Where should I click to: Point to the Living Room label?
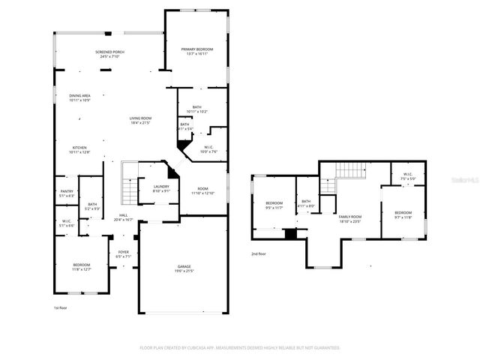pyautogui.click(x=140, y=120)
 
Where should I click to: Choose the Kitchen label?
pyautogui.click(x=79, y=149)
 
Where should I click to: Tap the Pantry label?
pyautogui.click(x=67, y=193)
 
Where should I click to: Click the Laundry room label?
pyautogui.click(x=161, y=188)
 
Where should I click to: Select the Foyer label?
pyautogui.click(x=123, y=253)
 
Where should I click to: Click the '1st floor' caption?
pyautogui.click(x=61, y=308)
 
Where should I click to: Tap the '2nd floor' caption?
pyautogui.click(x=259, y=253)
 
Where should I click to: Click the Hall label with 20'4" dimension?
pyautogui.click(x=122, y=217)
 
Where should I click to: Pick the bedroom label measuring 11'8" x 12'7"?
pyautogui.click(x=81, y=266)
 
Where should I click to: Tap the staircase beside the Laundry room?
pyautogui.click(x=129, y=182)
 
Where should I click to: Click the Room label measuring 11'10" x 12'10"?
pyautogui.click(x=202, y=191)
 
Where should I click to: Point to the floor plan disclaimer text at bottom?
pyautogui.click(x=240, y=347)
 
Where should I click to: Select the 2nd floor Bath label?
pyautogui.click(x=306, y=203)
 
